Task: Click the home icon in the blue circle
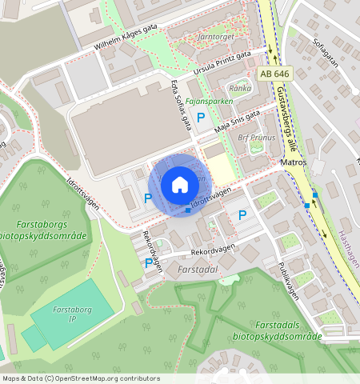180,185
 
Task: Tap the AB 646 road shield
274,74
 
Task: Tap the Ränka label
240,88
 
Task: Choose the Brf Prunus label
257,137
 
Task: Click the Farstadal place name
199,270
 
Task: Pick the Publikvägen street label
289,279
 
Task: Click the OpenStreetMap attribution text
80,378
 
